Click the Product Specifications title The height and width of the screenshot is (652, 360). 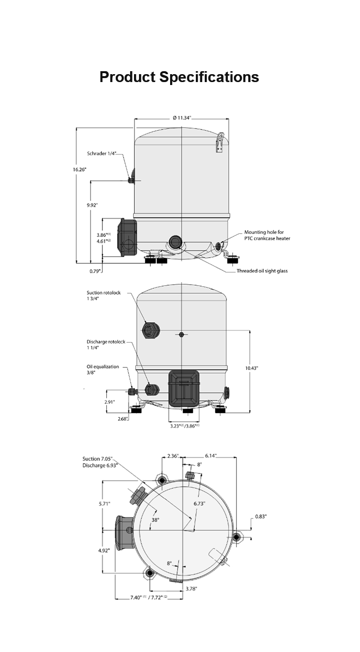pyautogui.click(x=179, y=77)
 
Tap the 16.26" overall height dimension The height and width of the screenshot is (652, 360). pyautogui.click(x=79, y=170)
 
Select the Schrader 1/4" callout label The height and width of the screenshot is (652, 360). pyautogui.click(x=101, y=154)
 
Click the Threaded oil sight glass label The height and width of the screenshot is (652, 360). pyautogui.click(x=262, y=271)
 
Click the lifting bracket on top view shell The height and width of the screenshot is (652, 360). pyautogui.click(x=220, y=143)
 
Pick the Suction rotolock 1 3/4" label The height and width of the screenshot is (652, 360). pyautogui.click(x=104, y=296)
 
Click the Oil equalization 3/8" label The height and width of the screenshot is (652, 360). pyautogui.click(x=103, y=370)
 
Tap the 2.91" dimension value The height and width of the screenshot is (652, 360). pyautogui.click(x=109, y=402)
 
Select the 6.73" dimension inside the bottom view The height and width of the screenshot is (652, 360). pyautogui.click(x=199, y=504)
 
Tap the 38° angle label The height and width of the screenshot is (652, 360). pyautogui.click(x=155, y=521)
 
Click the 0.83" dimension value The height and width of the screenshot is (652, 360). pyautogui.click(x=261, y=517)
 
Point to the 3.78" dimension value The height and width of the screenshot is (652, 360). pyautogui.click(x=191, y=589)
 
